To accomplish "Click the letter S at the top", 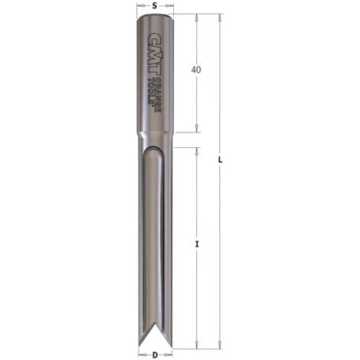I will click(x=155, y=5).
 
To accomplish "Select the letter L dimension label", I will click(x=221, y=160).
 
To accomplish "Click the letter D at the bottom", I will click(x=155, y=355).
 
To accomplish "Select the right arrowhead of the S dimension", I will click(x=171, y=13).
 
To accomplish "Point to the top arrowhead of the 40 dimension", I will click(x=197, y=17).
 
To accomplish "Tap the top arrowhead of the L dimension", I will click(x=221, y=17).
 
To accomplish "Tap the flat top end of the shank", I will click(x=155, y=16).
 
